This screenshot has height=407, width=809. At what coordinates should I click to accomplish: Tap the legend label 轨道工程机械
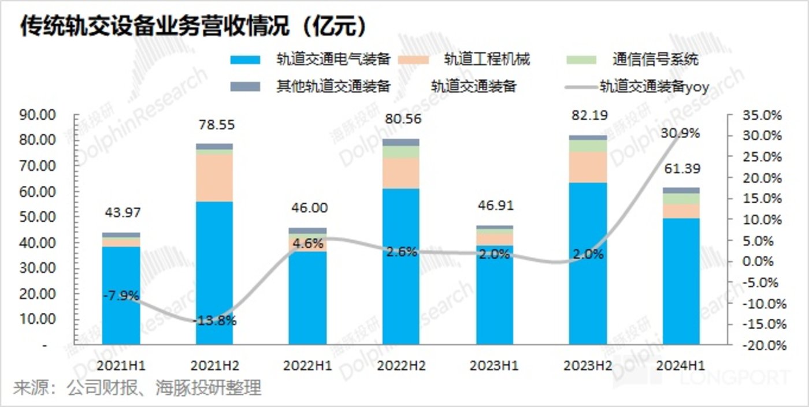(x=487, y=59)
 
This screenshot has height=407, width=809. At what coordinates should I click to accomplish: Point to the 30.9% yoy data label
(x=681, y=133)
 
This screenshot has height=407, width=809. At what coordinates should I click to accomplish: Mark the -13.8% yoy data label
(x=214, y=321)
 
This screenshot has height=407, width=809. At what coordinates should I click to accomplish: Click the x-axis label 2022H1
(x=307, y=366)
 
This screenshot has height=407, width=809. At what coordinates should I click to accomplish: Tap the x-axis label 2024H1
(x=680, y=366)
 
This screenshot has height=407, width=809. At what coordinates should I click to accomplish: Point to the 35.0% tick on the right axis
(x=762, y=115)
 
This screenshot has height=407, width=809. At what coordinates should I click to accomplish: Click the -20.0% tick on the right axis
(x=762, y=346)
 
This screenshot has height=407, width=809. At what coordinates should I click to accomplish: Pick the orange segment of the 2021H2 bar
(x=214, y=178)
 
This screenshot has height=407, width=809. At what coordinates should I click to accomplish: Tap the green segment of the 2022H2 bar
(x=401, y=152)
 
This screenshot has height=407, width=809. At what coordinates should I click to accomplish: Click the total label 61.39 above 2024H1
(x=681, y=170)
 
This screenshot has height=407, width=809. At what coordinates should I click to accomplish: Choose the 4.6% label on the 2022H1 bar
(x=307, y=244)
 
